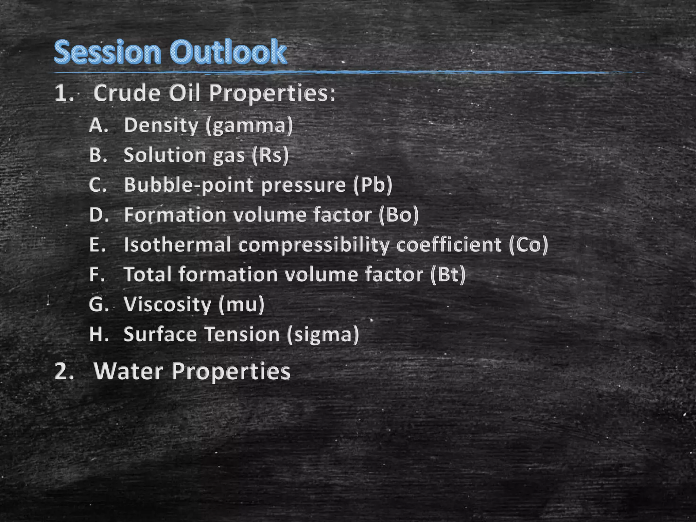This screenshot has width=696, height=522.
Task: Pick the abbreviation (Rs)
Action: point(270,155)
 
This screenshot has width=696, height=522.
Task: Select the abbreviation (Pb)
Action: point(372,185)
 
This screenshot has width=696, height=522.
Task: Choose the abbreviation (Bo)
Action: point(399,215)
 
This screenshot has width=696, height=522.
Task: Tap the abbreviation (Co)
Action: point(528,245)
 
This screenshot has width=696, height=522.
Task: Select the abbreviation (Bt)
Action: point(448,275)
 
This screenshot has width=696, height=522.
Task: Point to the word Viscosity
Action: point(167,304)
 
